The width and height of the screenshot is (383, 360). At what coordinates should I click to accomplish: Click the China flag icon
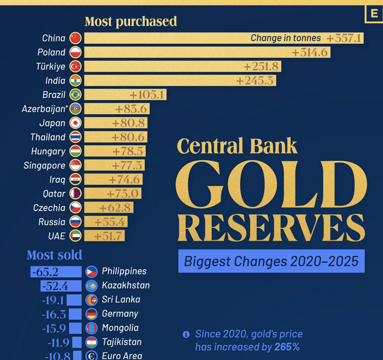coord(75,38)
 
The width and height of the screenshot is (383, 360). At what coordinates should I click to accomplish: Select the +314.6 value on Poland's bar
coord(310,52)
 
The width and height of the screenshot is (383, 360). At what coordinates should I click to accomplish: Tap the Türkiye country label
coord(51,67)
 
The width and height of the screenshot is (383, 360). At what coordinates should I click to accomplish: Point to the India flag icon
coord(75,80)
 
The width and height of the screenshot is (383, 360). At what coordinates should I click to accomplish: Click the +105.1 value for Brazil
coord(148,95)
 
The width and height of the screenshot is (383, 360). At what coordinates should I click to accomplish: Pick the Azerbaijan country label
coord(44,109)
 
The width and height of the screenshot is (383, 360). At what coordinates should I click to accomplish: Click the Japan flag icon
coord(75,123)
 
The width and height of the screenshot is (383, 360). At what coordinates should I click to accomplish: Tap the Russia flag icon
coord(75,222)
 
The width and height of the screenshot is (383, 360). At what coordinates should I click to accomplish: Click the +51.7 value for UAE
coord(109,236)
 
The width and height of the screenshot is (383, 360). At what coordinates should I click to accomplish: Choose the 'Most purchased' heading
coord(130,22)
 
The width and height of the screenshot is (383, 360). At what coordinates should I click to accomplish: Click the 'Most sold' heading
coord(54,255)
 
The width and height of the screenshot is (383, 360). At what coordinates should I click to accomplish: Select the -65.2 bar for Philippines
coord(56,272)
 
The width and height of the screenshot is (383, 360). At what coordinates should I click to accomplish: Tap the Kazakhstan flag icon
coord(91,285)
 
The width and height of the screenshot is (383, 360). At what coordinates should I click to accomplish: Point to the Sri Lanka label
coord(121,300)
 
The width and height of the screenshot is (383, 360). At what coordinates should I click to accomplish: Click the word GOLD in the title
coord(270,184)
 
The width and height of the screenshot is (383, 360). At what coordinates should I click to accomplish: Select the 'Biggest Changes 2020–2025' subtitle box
coord(271,261)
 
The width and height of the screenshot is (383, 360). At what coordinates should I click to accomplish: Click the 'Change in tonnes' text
coord(285,38)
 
